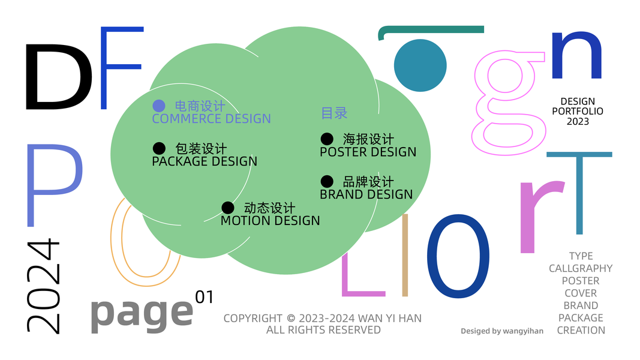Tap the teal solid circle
point(420,65)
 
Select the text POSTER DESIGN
point(368,152)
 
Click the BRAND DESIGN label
point(366,194)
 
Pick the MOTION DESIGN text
point(270,221)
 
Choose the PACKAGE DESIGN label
point(205,161)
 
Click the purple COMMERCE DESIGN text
point(211,119)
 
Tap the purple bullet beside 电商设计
point(159,106)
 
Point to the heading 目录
point(334,113)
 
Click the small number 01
point(205,296)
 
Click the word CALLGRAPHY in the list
point(581,268)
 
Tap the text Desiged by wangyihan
point(501,331)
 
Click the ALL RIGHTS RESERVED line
point(323,330)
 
